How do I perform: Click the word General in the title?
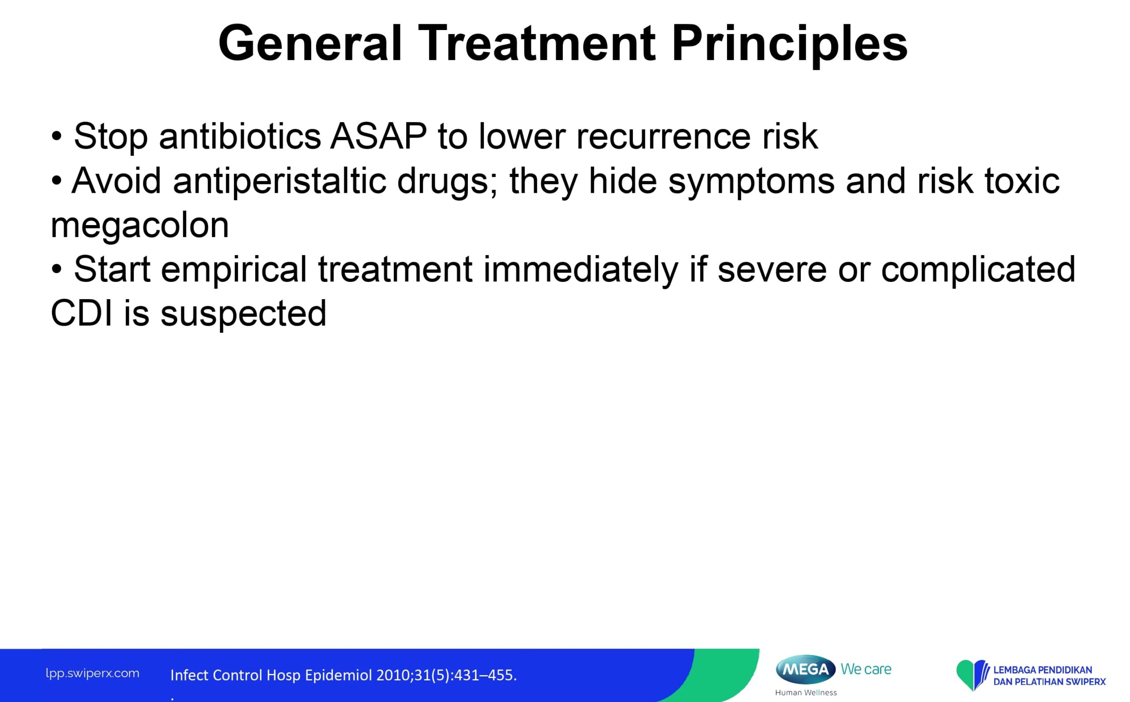[310, 43]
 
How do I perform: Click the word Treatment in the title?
[537, 43]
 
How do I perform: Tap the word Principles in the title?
[790, 45]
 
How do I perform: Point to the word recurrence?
[663, 137]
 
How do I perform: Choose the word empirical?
[234, 270]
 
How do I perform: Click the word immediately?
[581, 270]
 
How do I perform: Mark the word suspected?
[243, 315]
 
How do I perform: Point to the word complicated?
[978, 270]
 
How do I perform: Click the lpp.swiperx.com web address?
[92, 674]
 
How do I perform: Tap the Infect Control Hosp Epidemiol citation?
[343, 675]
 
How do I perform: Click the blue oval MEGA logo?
[806, 669]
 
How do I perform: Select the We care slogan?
[866, 669]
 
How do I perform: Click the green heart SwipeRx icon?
[971, 674]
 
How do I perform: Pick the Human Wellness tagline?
[806, 693]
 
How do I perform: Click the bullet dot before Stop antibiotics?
[56, 137]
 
